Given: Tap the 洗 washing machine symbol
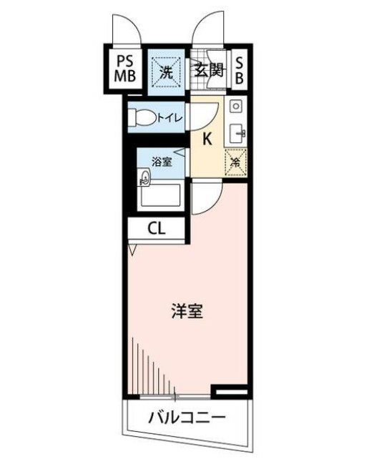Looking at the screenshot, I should (x=166, y=71).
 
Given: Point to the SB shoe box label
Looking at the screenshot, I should (x=239, y=70).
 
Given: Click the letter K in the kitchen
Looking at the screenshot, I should (x=207, y=138).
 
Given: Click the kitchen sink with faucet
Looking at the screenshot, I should (x=237, y=132).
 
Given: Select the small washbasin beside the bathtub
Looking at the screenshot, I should (x=145, y=178).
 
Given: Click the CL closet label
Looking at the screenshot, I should (x=157, y=229).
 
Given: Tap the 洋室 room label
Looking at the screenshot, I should (x=188, y=312).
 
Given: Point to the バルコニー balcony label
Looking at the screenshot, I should (x=187, y=418).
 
